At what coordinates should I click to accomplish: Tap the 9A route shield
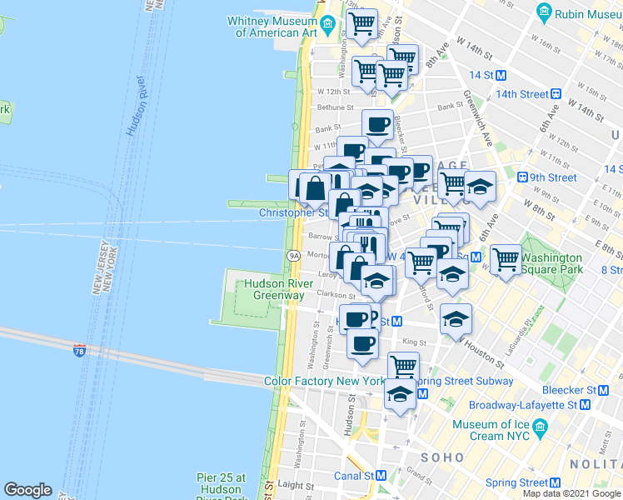pyautogui.click(x=293, y=255)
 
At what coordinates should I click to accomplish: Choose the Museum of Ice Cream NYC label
pyautogui.click(x=491, y=430)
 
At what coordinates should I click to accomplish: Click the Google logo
pyautogui.click(x=27, y=490)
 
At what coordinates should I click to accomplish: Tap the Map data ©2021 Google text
pyautogui.click(x=571, y=493)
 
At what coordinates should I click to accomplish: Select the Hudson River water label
pyautogui.click(x=137, y=105)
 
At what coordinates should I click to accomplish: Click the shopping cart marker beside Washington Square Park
pyautogui.click(x=506, y=259)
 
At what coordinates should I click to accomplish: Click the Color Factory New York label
pyautogui.click(x=324, y=382)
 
